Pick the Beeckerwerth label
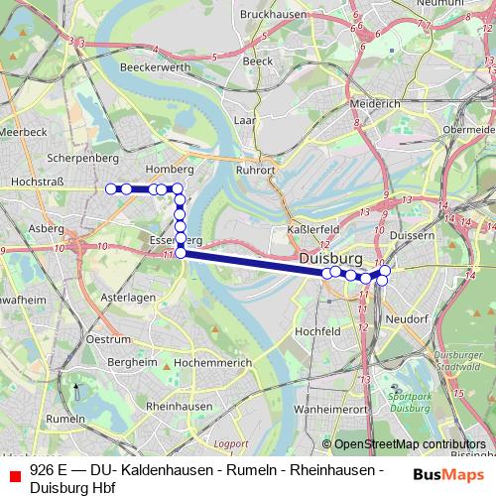pos(154,66)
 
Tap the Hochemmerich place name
pos(212,364)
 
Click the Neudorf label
pos(406,319)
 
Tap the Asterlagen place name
pos(120,297)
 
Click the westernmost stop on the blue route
pos(110,188)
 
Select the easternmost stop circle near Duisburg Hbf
pos(386,270)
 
